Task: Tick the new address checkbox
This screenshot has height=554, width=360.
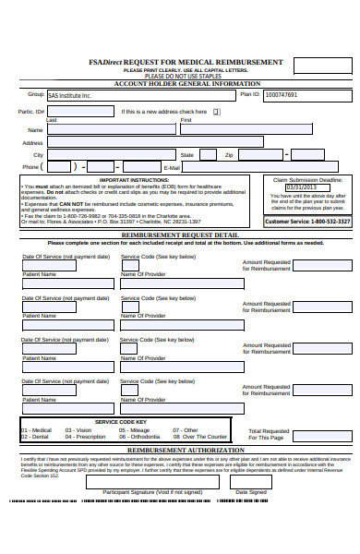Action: pos(218,112)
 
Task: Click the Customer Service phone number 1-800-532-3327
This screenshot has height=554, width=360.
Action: pos(330,222)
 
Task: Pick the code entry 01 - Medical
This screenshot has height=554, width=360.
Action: pos(37,430)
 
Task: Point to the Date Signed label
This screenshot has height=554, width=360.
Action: pos(251,492)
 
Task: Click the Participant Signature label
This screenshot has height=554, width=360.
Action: pos(152,492)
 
